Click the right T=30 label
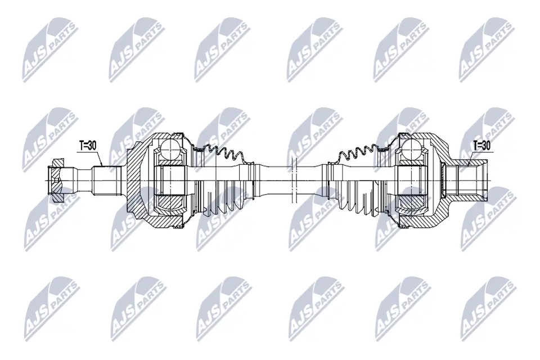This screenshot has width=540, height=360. pyautogui.click(x=481, y=145)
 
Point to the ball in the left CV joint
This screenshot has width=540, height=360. pyautogui.click(x=170, y=150)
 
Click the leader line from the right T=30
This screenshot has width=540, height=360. pyautogui.click(x=470, y=157)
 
